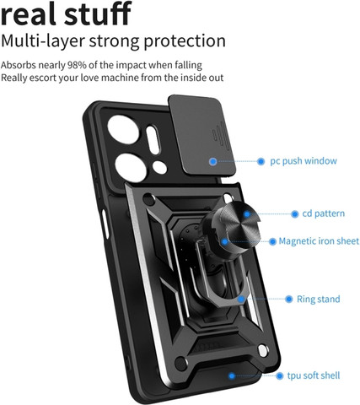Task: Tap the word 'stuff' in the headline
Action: [x=98, y=13]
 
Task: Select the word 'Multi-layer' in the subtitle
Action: [x=43, y=41]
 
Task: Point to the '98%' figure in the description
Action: [x=77, y=65]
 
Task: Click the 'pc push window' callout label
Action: [x=304, y=161]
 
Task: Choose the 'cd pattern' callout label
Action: [x=324, y=213]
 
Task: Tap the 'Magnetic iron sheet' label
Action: [x=319, y=241]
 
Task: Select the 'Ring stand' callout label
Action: [x=319, y=299]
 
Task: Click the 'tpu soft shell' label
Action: [x=314, y=375]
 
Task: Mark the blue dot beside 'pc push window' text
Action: [x=261, y=161]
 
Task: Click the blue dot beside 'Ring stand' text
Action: [x=289, y=299]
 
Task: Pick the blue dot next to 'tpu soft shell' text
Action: [x=279, y=375]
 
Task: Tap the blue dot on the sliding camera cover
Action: [x=213, y=161]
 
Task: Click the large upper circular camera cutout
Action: [x=123, y=130]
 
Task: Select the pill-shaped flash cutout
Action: [x=153, y=140]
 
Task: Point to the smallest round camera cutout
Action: [x=159, y=167]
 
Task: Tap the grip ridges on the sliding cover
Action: [x=218, y=134]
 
